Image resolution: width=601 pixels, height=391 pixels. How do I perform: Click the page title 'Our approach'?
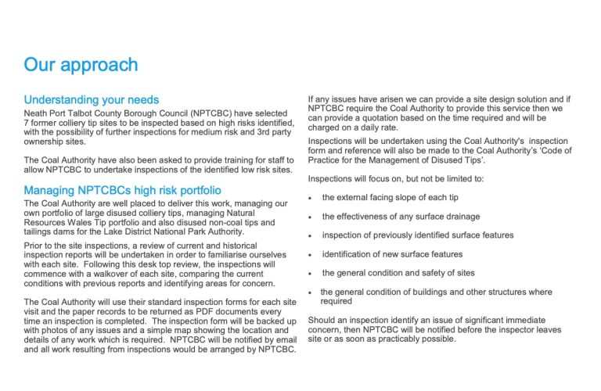[x=81, y=64]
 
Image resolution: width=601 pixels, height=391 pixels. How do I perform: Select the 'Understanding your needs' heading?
[x=92, y=100]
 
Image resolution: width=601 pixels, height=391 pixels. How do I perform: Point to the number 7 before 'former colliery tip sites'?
[x=27, y=124]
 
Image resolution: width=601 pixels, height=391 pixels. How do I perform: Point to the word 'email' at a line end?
[x=282, y=340]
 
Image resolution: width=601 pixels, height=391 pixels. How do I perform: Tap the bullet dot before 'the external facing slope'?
[x=311, y=198]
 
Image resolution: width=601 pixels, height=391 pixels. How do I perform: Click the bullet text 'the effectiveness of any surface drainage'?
[x=401, y=217]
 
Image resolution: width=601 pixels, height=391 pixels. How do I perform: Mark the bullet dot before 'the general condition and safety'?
[x=311, y=274]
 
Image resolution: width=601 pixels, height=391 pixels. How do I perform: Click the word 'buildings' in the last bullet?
[x=445, y=292]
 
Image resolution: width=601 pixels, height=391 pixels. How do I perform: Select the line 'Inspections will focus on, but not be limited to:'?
[x=396, y=179]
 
